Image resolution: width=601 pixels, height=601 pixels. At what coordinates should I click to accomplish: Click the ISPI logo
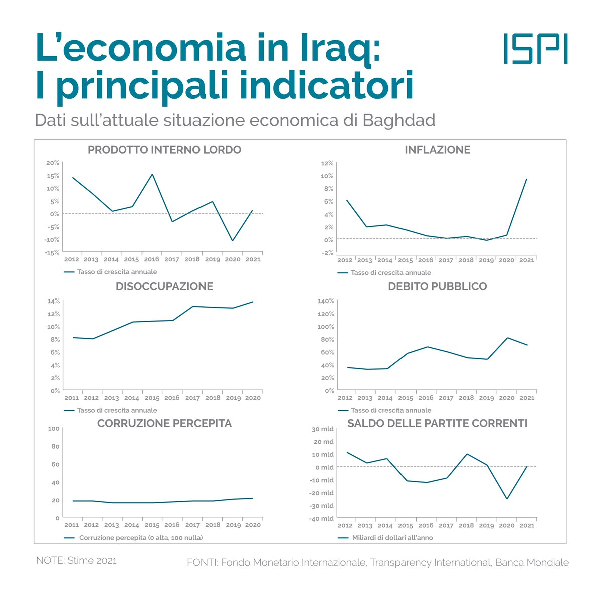click(x=535, y=49)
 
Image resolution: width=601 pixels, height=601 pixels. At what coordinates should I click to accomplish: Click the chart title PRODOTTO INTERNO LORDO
click(x=164, y=150)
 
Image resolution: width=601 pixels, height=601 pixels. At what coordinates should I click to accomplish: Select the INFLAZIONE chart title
click(x=437, y=150)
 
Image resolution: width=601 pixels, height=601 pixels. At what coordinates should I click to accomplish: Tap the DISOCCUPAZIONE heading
click(x=164, y=286)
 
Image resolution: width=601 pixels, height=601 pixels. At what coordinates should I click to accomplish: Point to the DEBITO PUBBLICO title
click(x=437, y=286)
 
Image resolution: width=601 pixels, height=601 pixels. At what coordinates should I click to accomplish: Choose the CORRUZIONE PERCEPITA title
click(x=164, y=423)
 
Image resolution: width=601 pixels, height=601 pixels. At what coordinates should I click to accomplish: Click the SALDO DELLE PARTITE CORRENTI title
click(x=437, y=423)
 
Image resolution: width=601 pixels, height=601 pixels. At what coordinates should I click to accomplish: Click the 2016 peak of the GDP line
click(x=152, y=174)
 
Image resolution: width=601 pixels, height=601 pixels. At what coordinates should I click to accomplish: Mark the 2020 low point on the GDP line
click(x=233, y=241)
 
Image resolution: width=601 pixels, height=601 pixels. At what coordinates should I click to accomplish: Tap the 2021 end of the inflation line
click(x=526, y=179)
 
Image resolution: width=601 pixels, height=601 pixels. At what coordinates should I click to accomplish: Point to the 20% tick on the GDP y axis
click(x=53, y=163)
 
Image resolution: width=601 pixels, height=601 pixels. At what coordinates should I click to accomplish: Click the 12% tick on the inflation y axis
click(x=327, y=163)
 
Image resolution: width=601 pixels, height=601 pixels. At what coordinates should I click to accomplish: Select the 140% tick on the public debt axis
click(x=326, y=301)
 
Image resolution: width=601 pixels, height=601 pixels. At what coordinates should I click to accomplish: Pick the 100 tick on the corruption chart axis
click(x=53, y=429)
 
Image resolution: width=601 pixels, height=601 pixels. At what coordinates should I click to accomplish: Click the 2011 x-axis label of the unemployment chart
click(x=71, y=398)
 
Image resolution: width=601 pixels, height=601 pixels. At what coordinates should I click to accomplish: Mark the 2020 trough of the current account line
click(x=507, y=499)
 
